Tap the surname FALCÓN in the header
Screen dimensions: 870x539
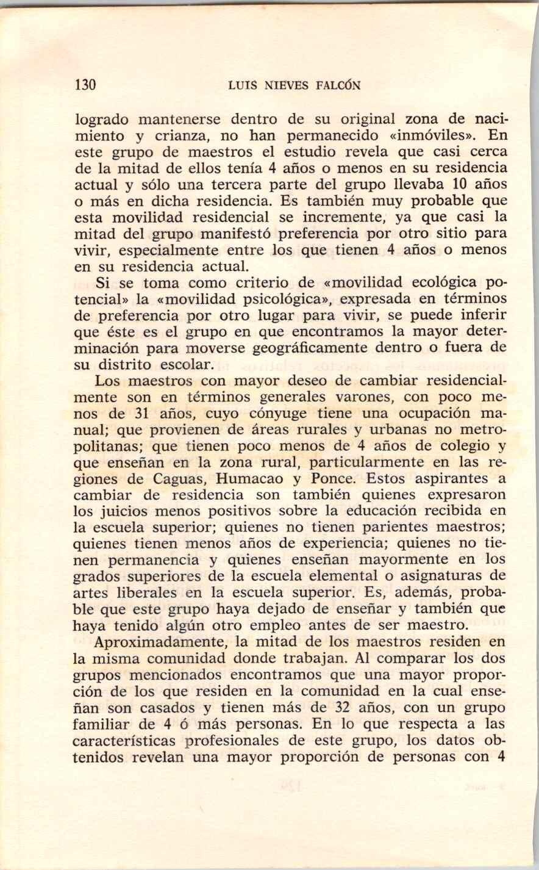(338, 85)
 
